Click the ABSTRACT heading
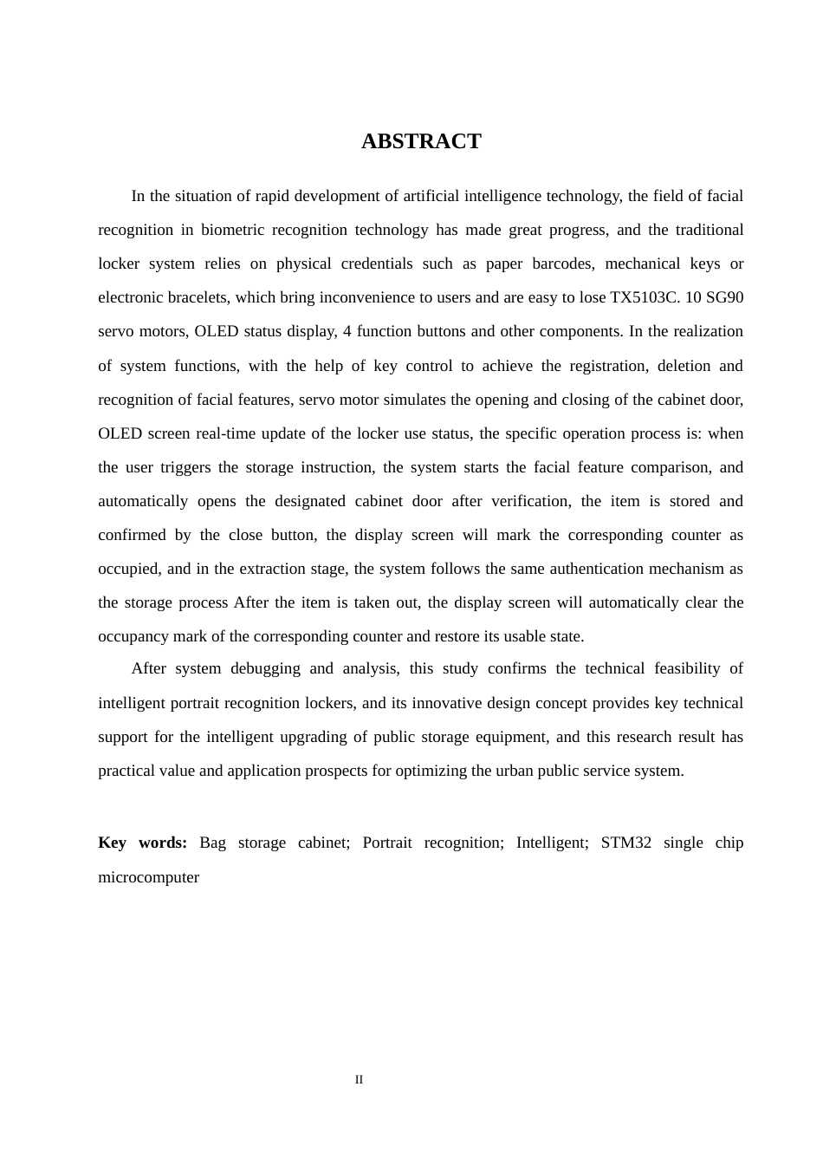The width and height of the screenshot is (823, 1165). [x=421, y=141]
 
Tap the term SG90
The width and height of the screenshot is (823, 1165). [x=726, y=297]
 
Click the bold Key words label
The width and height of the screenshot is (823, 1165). [x=143, y=843]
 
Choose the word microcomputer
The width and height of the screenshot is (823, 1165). [x=149, y=877]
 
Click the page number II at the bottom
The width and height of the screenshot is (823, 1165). [x=359, y=1079]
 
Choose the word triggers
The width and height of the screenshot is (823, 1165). [x=185, y=467]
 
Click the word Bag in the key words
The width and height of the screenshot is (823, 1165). [x=212, y=843]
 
